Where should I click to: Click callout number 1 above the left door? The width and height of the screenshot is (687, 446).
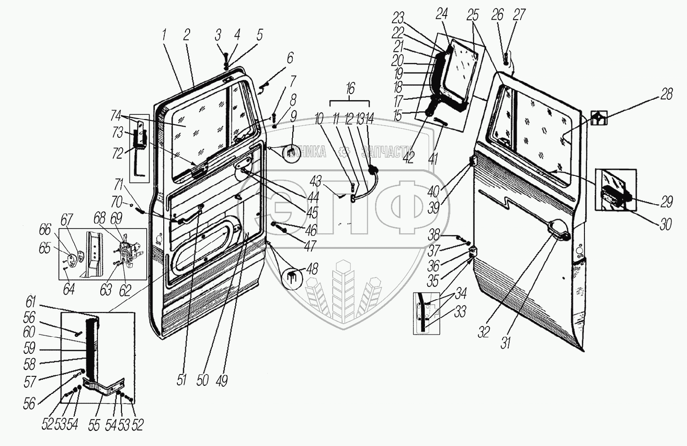[x=164, y=34]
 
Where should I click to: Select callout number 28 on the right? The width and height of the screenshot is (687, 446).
[x=666, y=94]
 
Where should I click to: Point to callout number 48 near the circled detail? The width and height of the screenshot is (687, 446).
[x=312, y=269]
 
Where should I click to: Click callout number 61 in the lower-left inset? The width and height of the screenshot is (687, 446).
[x=31, y=302]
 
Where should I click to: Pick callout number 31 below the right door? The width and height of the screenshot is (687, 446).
[x=505, y=343]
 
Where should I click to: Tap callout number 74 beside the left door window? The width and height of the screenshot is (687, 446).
[x=116, y=116]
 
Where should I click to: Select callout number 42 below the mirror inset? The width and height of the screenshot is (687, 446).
[x=408, y=157]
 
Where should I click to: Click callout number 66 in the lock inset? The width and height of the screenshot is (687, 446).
[x=45, y=230]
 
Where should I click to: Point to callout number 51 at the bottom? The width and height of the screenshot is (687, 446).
[x=182, y=380]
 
